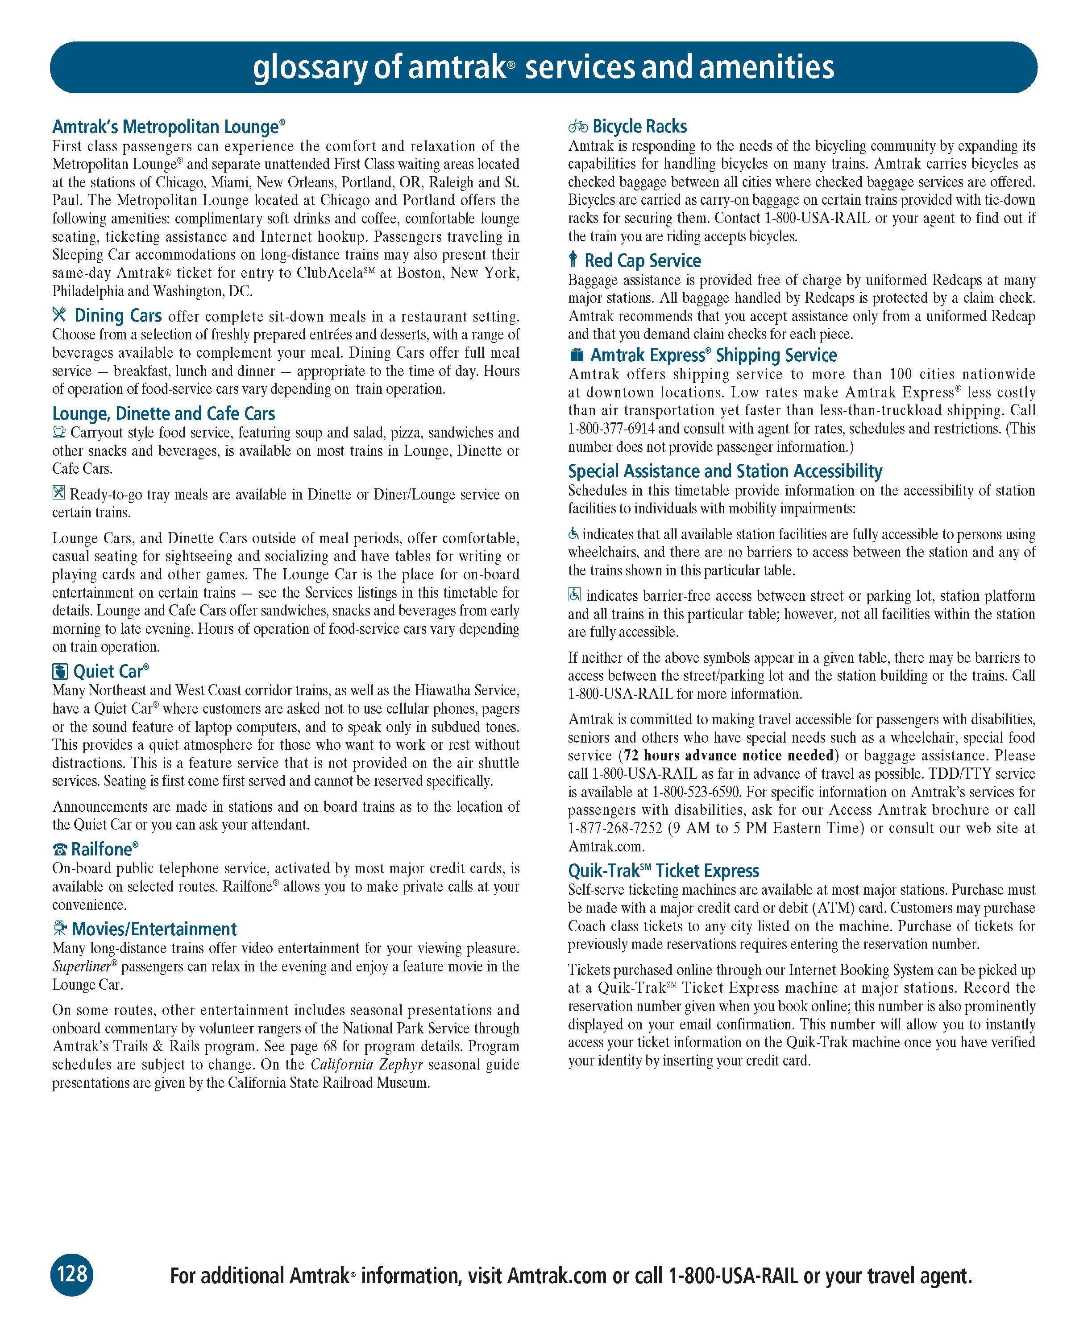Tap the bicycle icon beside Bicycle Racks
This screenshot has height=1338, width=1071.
point(577,127)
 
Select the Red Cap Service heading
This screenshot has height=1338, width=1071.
point(643,260)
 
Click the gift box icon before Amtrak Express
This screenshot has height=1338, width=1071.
point(576,355)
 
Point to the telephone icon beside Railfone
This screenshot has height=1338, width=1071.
point(60,850)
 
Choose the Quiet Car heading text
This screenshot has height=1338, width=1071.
point(110,672)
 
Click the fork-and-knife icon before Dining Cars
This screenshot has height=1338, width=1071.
point(59,315)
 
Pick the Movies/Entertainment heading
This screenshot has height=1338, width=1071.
point(154,929)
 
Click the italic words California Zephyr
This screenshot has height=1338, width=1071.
point(367,1065)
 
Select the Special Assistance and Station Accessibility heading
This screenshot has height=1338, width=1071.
point(725,472)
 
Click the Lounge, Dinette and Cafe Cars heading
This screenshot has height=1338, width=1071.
point(163,414)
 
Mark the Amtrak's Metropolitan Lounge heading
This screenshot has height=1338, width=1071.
point(168,127)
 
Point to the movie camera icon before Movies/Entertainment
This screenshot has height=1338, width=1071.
point(60,929)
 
